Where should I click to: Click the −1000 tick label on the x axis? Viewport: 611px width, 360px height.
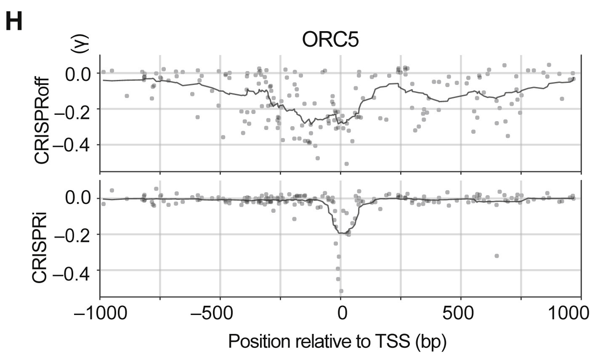coord(100,313)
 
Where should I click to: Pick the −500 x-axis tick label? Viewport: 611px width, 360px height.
coord(220,313)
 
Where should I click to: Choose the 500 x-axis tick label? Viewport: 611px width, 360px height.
coord(461,313)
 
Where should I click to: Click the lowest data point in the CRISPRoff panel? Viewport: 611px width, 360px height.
coord(346,164)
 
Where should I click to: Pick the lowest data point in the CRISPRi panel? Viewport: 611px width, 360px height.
coord(341,291)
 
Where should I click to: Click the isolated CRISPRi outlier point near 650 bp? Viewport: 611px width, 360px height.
coord(497,256)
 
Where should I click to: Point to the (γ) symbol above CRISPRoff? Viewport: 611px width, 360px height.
coord(80,44)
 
